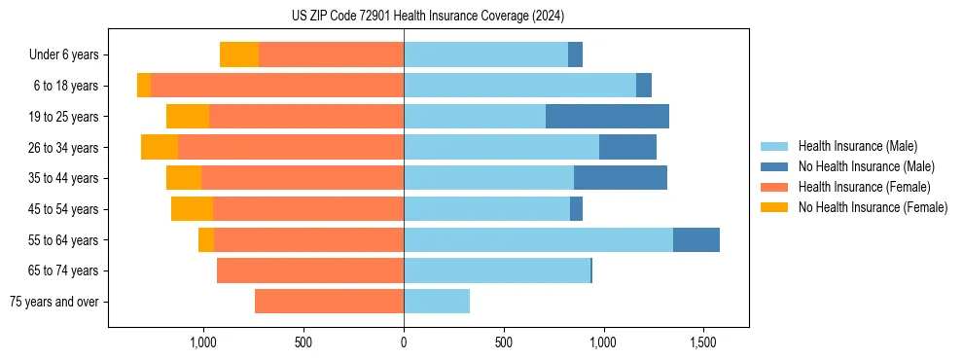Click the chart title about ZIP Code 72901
pyautogui.click(x=428, y=16)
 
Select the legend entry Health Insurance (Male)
pyautogui.click(x=856, y=146)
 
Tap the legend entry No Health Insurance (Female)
pyautogui.click(x=873, y=207)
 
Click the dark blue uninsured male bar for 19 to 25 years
pyautogui.click(x=607, y=117)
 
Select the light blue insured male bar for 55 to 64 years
pyautogui.click(x=538, y=239)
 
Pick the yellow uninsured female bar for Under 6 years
pyautogui.click(x=239, y=54)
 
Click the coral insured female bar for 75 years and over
pyautogui.click(x=329, y=302)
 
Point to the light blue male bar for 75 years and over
pyautogui.click(x=437, y=302)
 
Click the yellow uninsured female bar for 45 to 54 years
pyautogui.click(x=192, y=209)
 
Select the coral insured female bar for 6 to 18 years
pyautogui.click(x=277, y=86)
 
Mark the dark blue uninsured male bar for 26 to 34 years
pyautogui.click(x=627, y=147)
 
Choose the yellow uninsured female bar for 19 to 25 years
pyautogui.click(x=188, y=117)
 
